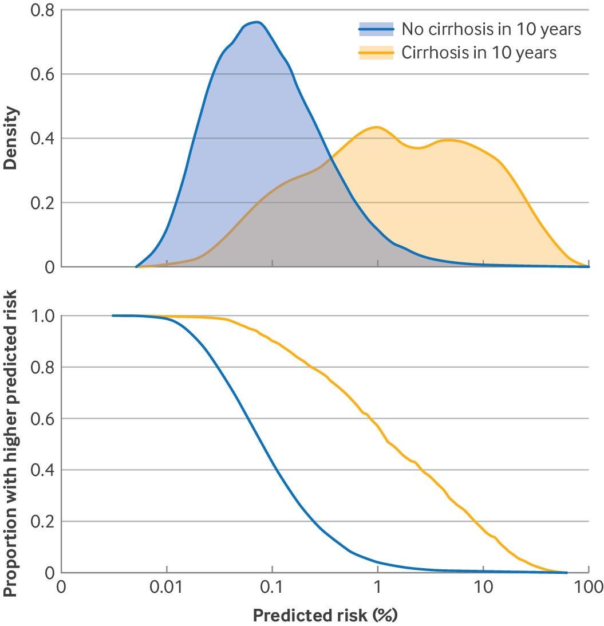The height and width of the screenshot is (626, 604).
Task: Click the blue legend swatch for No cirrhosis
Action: pos(376,29)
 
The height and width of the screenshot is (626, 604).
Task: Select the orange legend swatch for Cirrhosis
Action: pos(376,53)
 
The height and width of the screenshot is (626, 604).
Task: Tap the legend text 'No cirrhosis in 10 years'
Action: pos(491,29)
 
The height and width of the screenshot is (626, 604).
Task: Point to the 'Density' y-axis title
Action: pos(10,138)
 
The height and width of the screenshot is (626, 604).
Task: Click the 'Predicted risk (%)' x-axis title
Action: pos(325,615)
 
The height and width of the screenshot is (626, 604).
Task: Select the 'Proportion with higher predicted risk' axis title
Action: pos(10,435)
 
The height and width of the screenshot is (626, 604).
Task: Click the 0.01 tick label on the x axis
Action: pos(167,587)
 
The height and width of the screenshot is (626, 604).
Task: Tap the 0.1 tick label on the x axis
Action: pos(273,587)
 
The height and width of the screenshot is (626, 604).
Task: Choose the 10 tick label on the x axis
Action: pos(483,587)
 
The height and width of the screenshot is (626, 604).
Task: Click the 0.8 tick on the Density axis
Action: pos(43,10)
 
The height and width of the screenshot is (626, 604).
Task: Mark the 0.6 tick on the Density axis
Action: pos(43,74)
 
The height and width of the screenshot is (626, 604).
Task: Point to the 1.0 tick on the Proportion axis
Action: pos(43,316)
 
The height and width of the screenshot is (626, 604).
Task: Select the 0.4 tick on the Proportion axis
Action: pos(43,470)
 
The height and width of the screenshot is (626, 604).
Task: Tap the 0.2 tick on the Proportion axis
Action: pos(43,522)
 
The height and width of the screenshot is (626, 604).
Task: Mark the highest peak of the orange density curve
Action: pos(376,127)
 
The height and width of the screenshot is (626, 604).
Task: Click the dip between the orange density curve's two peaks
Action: pos(417,148)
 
